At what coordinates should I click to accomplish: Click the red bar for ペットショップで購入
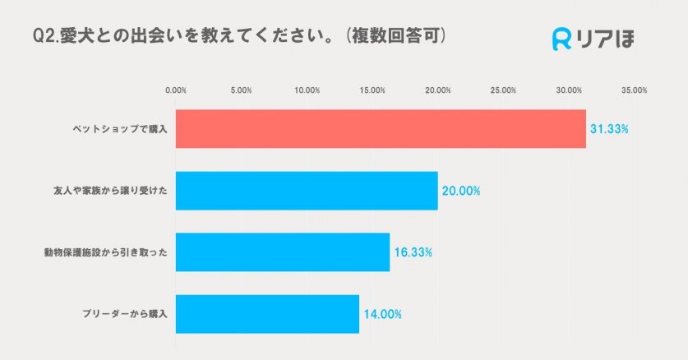(381, 129)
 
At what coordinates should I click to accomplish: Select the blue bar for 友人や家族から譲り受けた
(307, 191)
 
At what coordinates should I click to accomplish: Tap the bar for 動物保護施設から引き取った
(283, 252)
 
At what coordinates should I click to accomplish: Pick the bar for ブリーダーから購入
(267, 314)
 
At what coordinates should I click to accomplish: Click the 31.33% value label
(609, 129)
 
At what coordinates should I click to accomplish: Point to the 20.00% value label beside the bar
(461, 191)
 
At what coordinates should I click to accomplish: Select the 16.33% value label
(413, 252)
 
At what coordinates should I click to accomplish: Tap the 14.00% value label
(382, 314)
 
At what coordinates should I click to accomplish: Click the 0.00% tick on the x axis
(177, 90)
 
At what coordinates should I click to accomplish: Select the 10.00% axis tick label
(307, 90)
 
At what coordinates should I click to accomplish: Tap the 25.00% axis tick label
(503, 90)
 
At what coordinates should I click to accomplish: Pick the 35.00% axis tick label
(634, 90)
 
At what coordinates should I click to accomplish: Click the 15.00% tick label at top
(372, 90)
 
